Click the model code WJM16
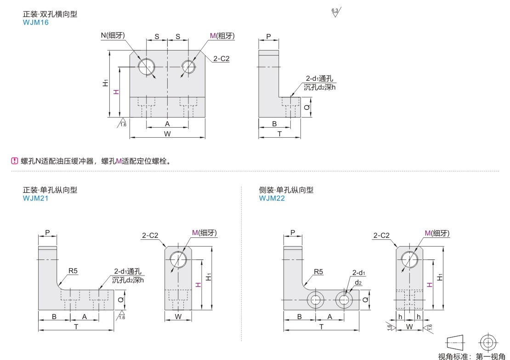pos(36,22)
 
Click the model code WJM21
pos(36,198)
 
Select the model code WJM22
pos(272,198)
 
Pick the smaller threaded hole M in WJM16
pos(188,66)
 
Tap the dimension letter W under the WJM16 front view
pos(167,134)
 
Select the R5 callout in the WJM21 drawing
pos(74,271)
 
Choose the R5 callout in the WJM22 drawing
pos(319,271)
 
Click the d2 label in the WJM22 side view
pos(358,282)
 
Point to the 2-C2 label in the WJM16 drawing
pos(221,58)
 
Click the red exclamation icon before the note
pos(14,161)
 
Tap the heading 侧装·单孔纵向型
pos(286,190)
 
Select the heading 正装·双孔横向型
pos(50,14)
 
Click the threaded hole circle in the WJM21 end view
pos(177,259)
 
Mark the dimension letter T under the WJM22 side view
pos(321,326)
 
